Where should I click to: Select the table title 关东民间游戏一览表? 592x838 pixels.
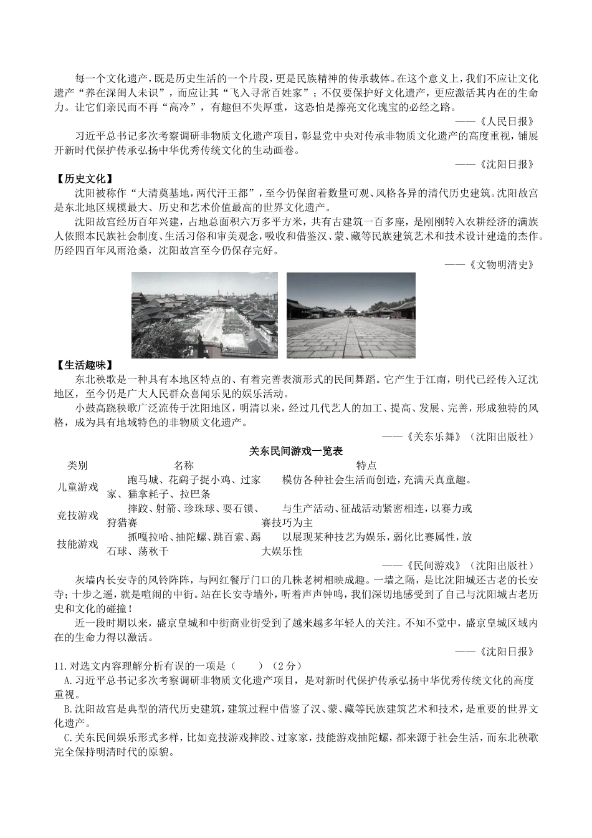296,451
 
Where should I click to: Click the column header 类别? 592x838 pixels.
77,465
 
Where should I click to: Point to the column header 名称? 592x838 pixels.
184,465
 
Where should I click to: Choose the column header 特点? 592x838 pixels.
366,465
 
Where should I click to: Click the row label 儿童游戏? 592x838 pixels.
77,487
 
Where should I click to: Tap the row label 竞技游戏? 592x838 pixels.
77,516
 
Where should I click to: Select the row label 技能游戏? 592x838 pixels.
77,544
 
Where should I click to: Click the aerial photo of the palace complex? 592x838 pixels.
205,315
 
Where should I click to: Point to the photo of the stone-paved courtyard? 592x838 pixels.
351,315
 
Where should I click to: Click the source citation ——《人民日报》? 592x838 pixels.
494,122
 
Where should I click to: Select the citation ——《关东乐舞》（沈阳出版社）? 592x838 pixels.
458,437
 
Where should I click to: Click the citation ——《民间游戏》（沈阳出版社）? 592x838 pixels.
458,566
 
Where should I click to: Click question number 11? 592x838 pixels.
60,665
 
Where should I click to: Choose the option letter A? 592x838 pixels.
67,680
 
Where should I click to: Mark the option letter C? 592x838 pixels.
67,738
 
